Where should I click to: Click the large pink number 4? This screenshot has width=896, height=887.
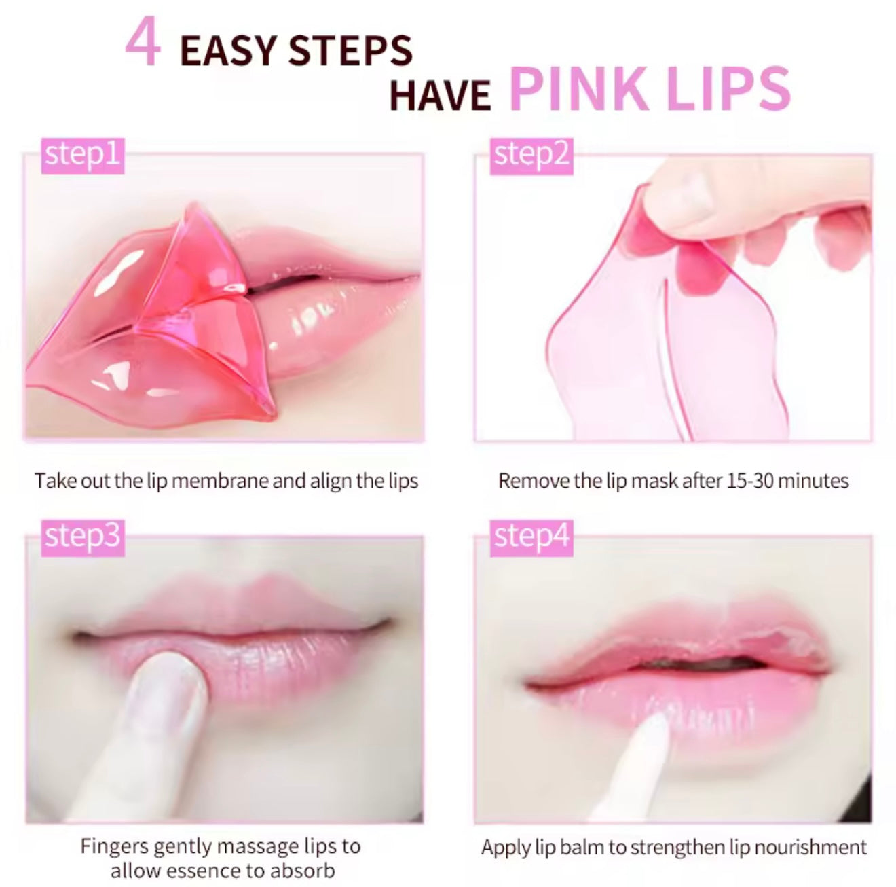(x=143, y=41)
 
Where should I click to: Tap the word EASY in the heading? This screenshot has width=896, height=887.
(x=229, y=50)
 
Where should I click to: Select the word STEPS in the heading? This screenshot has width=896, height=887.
(x=350, y=50)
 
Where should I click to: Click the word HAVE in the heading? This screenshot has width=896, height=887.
(x=440, y=95)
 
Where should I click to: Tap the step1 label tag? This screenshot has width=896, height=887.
(x=83, y=156)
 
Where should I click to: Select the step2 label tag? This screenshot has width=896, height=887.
(x=531, y=156)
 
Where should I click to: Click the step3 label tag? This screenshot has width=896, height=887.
(x=83, y=537)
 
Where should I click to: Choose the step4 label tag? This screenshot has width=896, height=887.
(x=531, y=538)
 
